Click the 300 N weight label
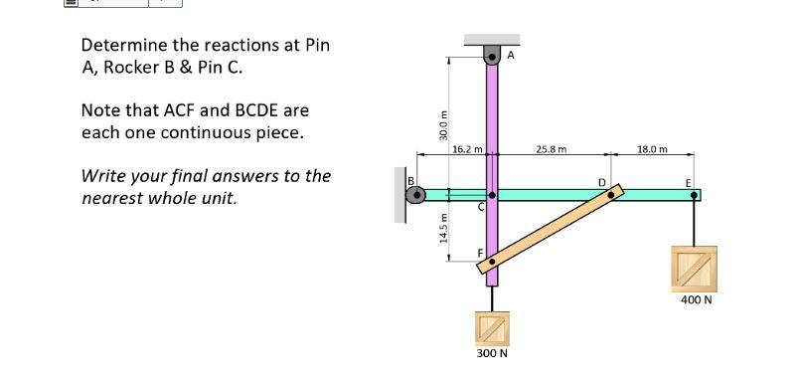coord(492,353)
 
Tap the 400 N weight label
coord(697,298)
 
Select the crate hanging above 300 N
coord(492,324)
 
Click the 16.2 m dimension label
coord(466,150)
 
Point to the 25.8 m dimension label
coord(551,150)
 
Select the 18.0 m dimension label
coord(653,150)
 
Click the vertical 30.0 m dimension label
coord(443,124)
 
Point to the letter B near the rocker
coord(408,180)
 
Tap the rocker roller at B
coord(417,195)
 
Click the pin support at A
coord(491,56)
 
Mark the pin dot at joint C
coord(491,196)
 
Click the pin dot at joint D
coord(611,195)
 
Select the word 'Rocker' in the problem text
coord(138,69)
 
